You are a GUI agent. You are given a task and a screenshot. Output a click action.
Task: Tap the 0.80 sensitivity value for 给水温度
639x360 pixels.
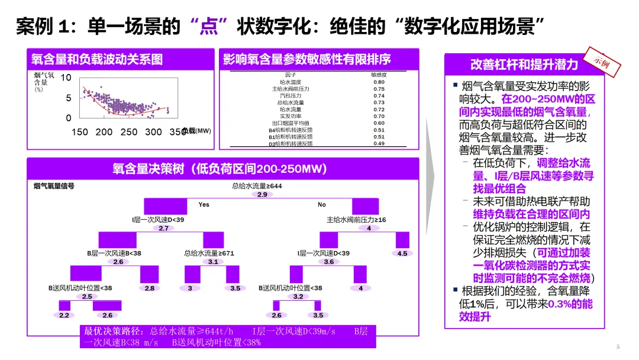[x=379, y=82]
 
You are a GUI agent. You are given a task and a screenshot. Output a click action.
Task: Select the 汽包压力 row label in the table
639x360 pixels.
[x=291, y=95]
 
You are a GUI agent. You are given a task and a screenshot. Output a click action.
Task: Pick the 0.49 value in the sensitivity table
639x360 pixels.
[x=379, y=144]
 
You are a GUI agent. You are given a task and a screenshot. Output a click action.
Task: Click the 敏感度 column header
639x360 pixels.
[x=379, y=75]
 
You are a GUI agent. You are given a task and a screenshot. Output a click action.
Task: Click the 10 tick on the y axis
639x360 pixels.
[x=66, y=78]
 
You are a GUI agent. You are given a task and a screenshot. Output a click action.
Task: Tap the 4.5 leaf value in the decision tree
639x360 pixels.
[x=402, y=253]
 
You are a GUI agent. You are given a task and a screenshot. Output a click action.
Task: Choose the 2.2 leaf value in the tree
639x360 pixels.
[x=64, y=315]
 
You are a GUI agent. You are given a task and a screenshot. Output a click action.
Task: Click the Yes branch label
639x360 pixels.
[x=204, y=205]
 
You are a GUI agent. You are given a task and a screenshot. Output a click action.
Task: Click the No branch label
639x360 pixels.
[x=322, y=205]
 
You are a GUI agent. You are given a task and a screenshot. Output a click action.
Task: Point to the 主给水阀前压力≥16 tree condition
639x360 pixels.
[x=356, y=220]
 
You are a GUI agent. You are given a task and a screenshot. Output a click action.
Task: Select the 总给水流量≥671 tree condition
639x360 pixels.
[x=209, y=253]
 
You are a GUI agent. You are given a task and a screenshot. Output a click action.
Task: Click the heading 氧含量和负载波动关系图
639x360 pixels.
[x=97, y=59]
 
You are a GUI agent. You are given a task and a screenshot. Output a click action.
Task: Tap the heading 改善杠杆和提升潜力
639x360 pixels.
[x=524, y=65]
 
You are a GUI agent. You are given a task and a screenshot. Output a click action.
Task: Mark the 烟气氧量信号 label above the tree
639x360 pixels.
[x=54, y=186]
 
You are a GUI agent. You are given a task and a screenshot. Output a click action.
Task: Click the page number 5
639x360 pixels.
[x=618, y=347]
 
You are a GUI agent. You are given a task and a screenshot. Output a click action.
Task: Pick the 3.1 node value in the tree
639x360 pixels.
[x=214, y=262]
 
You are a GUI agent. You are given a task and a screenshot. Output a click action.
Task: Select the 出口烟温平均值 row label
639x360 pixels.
[x=291, y=123]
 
